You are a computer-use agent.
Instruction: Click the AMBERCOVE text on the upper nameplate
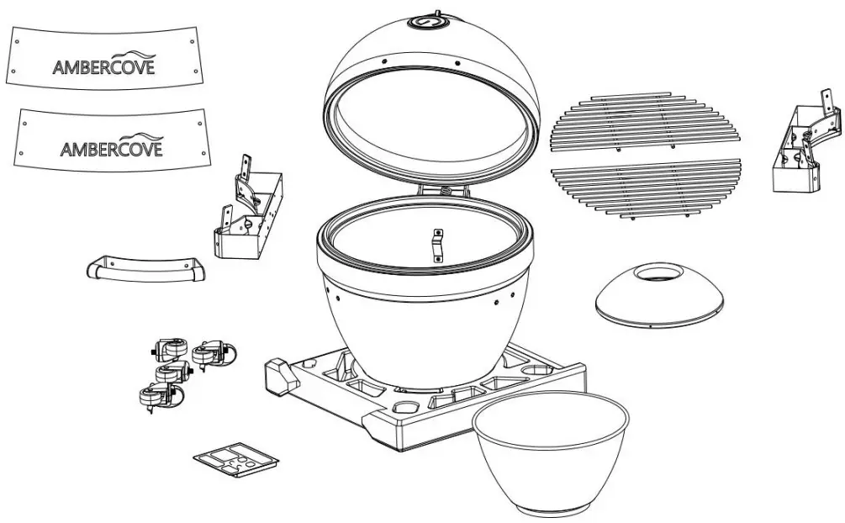103,67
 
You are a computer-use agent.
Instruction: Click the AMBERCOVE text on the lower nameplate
112,149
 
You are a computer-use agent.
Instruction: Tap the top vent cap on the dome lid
426,19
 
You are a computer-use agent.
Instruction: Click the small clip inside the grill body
437,246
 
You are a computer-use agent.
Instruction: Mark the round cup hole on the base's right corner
536,370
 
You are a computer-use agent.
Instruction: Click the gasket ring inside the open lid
429,126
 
